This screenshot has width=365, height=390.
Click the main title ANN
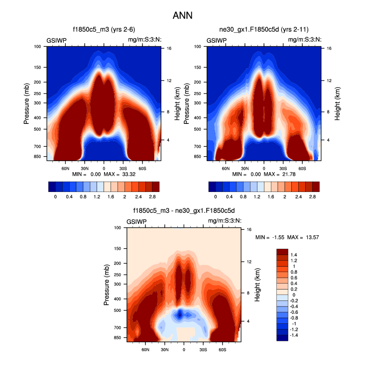182,15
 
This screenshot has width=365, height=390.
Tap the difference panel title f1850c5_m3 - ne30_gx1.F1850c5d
183,210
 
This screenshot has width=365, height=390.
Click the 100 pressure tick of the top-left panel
38,47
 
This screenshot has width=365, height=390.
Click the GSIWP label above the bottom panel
136,221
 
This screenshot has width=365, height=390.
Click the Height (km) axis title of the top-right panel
338,102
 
